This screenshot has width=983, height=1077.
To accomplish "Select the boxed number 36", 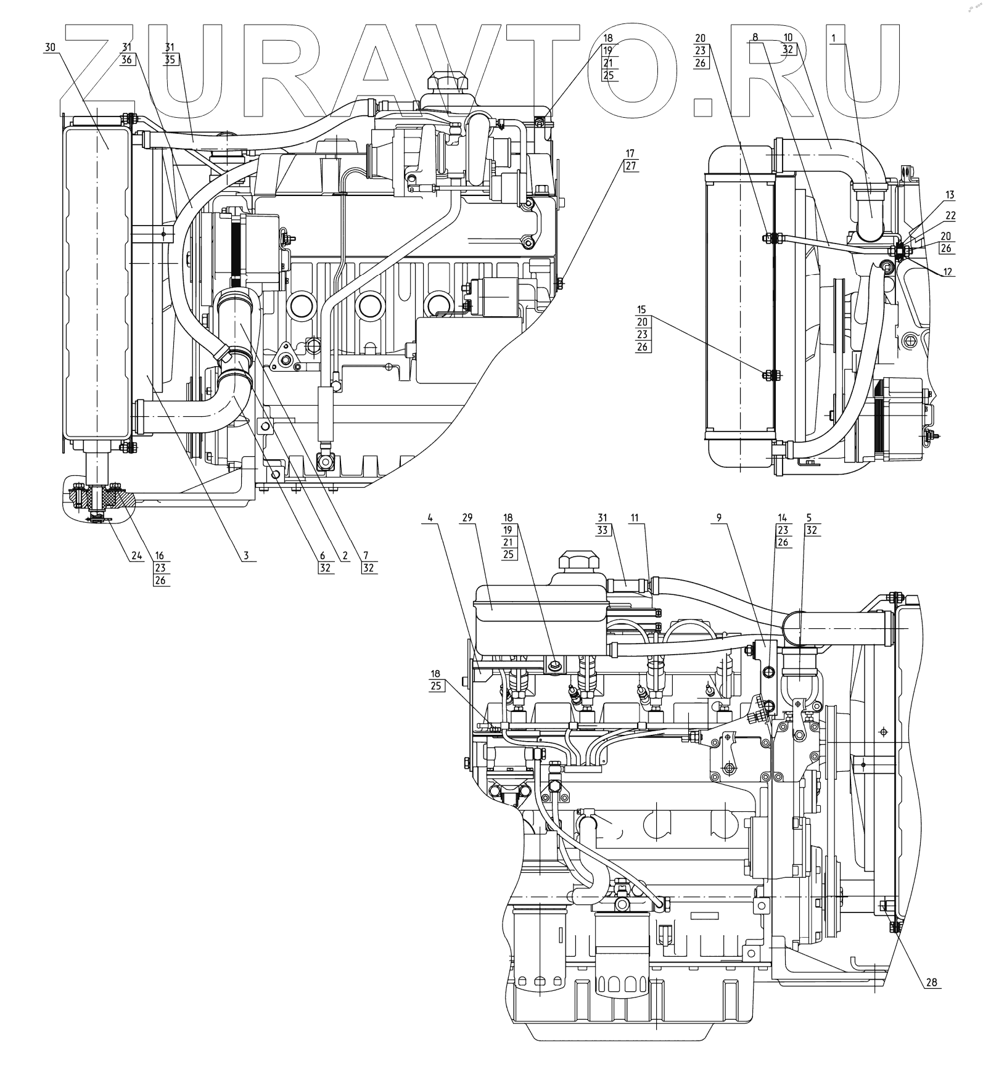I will (x=127, y=60).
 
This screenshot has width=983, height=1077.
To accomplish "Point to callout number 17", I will (x=629, y=153).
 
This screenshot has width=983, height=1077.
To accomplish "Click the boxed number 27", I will (x=629, y=165).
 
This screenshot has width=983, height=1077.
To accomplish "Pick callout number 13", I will (x=949, y=195).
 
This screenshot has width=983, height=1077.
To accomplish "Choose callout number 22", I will (x=950, y=215).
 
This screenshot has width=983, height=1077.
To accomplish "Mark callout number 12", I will (x=947, y=271).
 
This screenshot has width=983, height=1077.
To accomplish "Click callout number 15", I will (x=642, y=309).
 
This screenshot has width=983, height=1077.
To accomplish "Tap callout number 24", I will (x=136, y=555).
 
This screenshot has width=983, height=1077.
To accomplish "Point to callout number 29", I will (x=467, y=517).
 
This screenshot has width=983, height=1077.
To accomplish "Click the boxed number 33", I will (x=603, y=530).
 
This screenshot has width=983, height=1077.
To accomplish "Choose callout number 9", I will (x=719, y=518).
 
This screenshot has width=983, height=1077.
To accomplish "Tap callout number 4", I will (x=430, y=518).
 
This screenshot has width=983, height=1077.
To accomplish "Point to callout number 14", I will (x=783, y=518).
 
